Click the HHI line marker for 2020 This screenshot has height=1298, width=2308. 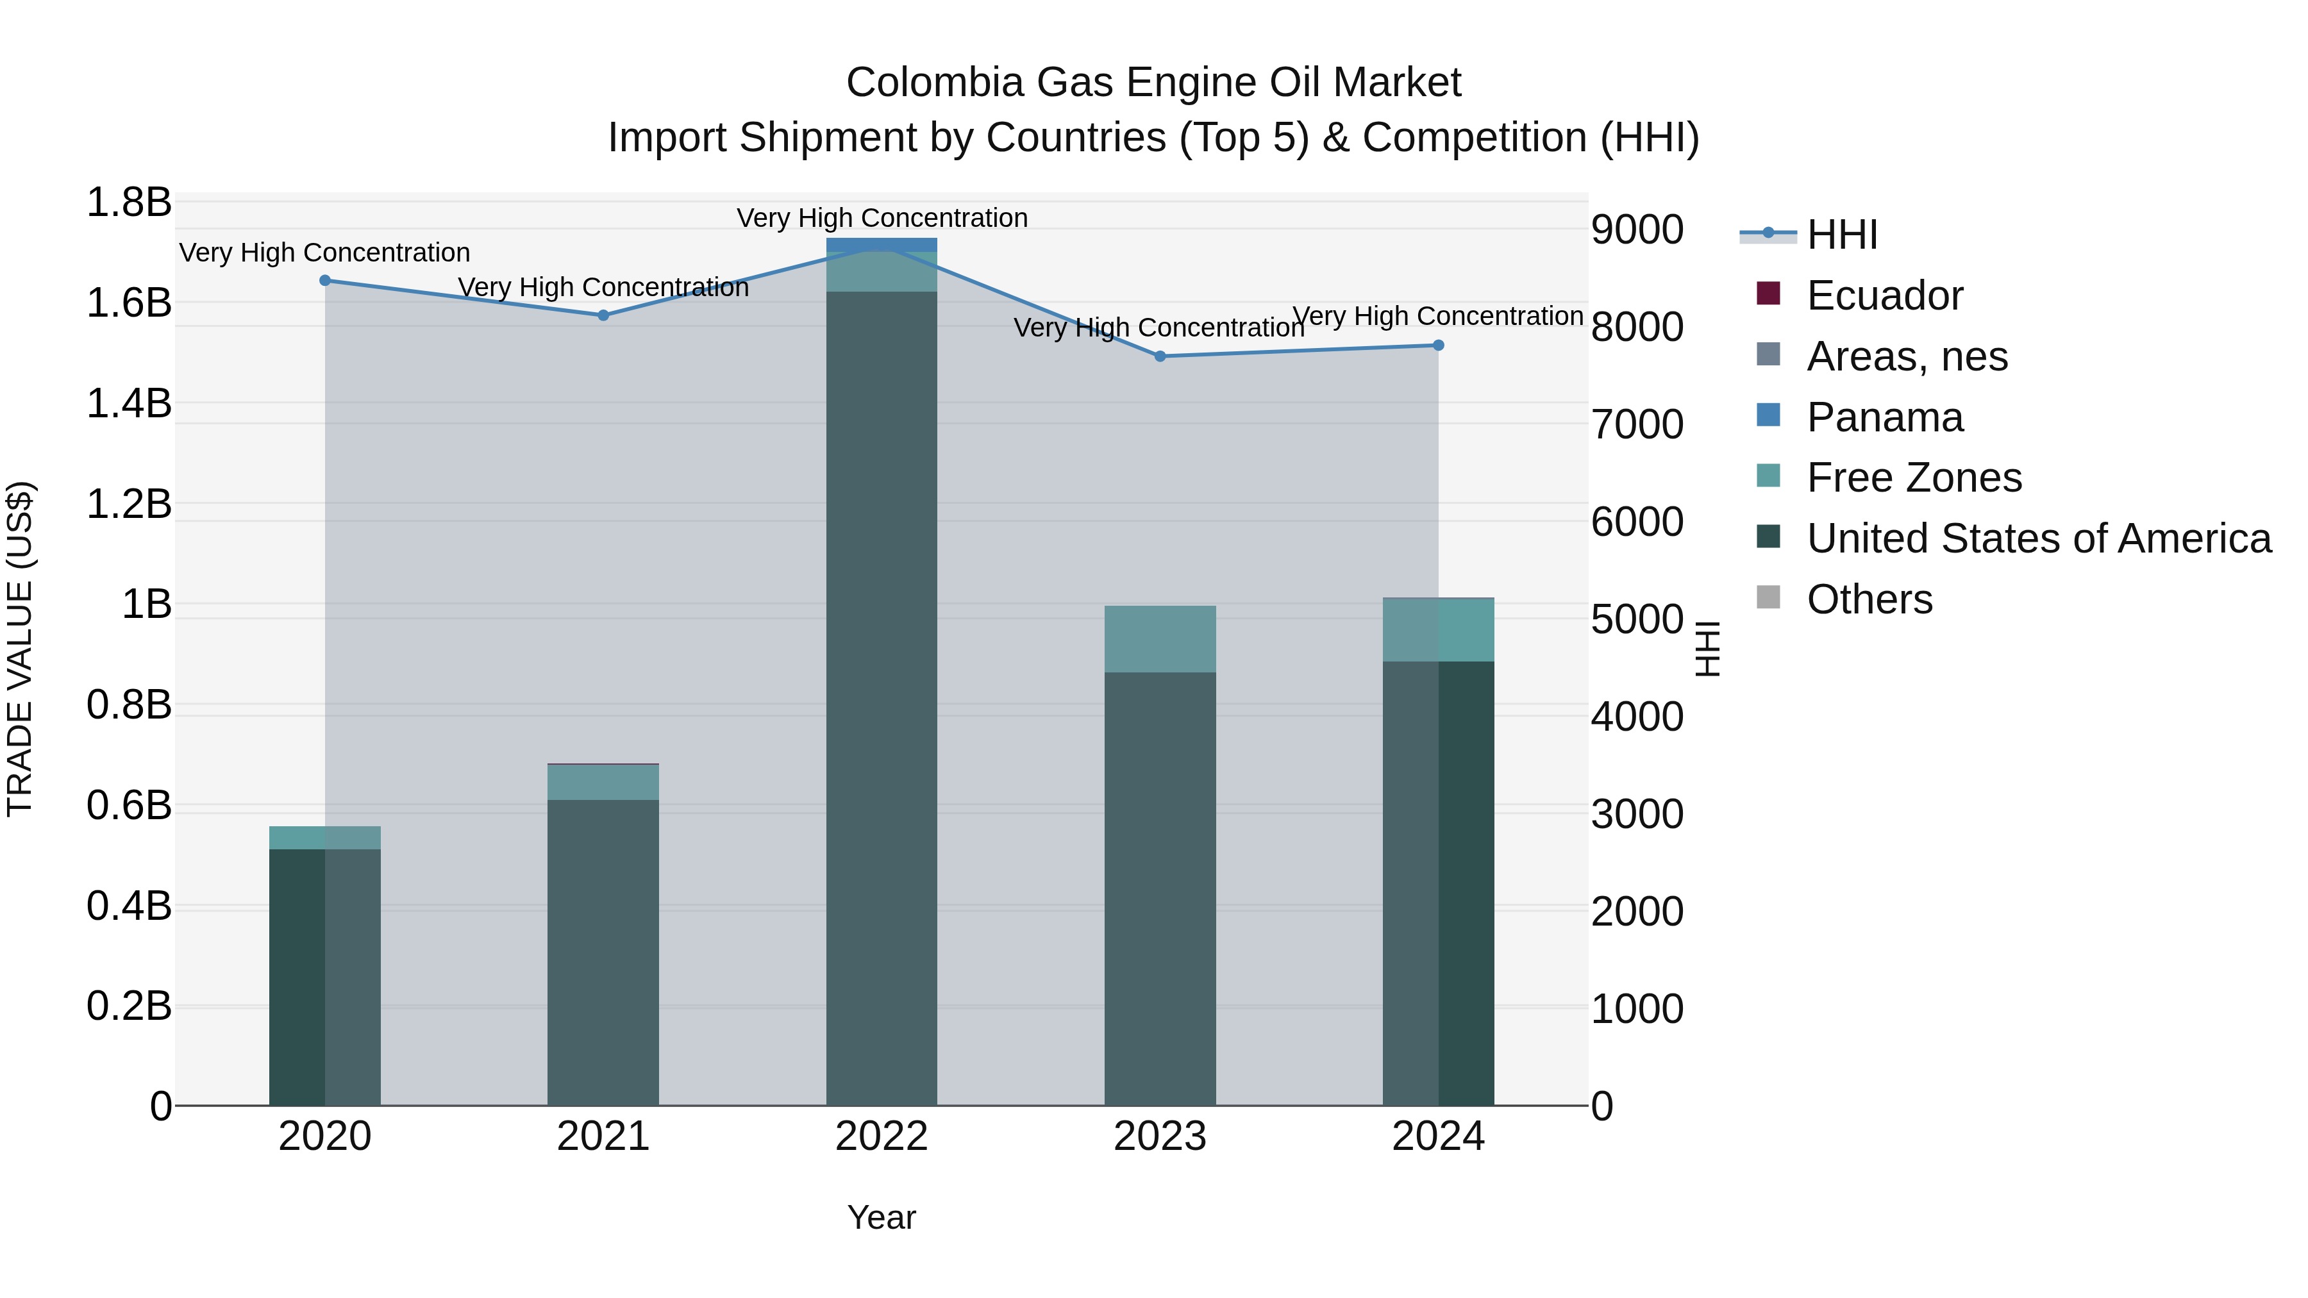coord(325,280)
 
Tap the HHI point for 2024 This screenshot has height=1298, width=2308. coord(1438,345)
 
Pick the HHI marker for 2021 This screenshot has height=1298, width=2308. coord(603,315)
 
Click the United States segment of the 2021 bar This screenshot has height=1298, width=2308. coord(603,949)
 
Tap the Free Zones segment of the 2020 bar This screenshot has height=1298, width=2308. coord(325,838)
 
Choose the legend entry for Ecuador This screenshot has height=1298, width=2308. coord(1884,295)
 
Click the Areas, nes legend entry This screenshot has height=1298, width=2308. coord(1907,356)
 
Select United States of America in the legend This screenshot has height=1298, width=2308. coord(2038,538)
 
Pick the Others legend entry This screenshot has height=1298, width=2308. coord(1869,599)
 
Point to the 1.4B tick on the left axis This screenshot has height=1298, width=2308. coord(128,403)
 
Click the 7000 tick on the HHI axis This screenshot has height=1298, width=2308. coord(1637,424)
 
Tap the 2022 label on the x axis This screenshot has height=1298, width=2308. coord(882,1136)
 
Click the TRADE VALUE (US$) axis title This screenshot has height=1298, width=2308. coord(20,649)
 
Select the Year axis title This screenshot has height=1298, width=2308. coord(882,1217)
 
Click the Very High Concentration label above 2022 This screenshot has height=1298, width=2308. coord(882,218)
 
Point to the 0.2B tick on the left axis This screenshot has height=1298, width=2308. coord(128,1006)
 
